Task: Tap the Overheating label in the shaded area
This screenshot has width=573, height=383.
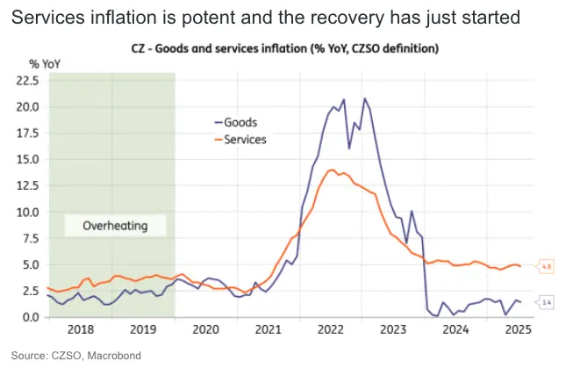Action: click(114, 226)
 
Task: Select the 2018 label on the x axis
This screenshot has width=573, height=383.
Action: click(80, 330)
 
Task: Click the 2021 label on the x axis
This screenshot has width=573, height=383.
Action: click(268, 330)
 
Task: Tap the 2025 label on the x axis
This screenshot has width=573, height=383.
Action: click(518, 330)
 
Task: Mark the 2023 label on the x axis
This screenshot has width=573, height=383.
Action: click(393, 330)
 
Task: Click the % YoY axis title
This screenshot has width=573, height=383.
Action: click(45, 63)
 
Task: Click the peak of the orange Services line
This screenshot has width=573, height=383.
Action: click(332, 170)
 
